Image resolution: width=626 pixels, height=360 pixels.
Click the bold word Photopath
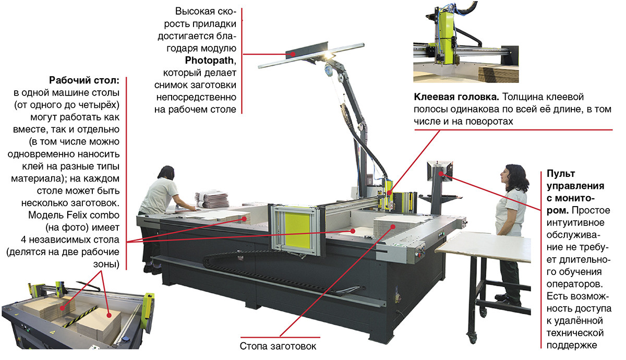point(209,61)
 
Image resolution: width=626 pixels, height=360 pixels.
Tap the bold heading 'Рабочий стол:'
point(84,80)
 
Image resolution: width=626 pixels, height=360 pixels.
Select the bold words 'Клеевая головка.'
point(456,97)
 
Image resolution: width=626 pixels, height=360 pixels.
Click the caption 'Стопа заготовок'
point(278,346)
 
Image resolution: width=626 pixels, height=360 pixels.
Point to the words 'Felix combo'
point(93,215)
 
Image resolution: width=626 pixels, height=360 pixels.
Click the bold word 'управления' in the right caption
point(575,186)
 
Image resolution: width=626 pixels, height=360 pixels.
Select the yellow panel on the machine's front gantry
point(297,229)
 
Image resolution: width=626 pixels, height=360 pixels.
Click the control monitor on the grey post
point(439,171)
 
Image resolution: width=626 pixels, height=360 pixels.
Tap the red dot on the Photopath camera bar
point(293,54)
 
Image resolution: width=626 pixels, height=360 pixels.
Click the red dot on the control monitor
point(441,174)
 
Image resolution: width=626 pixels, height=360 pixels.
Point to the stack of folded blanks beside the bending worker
point(211,199)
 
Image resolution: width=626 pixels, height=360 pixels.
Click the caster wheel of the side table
point(472,338)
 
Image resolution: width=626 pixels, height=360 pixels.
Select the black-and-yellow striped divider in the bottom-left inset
point(80,316)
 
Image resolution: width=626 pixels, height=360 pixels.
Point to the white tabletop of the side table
point(484,246)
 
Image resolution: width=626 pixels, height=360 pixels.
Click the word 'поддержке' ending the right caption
point(572,345)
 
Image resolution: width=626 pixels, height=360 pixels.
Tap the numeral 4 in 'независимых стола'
point(24,240)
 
